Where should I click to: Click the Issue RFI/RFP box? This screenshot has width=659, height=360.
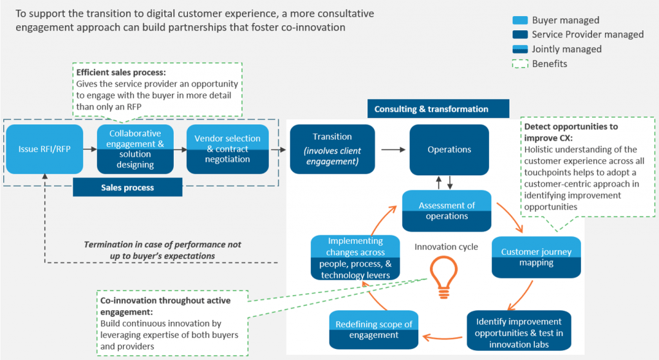click(x=44, y=149)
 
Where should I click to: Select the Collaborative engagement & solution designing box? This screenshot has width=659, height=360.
click(x=135, y=149)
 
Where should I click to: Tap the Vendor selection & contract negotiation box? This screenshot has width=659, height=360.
click(x=227, y=149)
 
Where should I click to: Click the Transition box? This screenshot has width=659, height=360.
click(x=332, y=149)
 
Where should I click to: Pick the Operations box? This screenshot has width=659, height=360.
click(x=449, y=149)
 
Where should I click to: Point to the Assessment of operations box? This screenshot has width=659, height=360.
click(x=447, y=211)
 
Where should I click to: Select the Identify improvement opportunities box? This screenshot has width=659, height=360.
click(x=519, y=332)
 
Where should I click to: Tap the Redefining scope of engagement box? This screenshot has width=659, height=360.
click(x=374, y=329)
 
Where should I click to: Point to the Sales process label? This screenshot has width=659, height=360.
click(x=127, y=187)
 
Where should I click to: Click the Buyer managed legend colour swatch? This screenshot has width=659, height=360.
click(x=519, y=21)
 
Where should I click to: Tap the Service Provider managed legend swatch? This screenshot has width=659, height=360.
click(x=519, y=35)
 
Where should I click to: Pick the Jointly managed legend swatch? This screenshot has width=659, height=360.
click(x=519, y=49)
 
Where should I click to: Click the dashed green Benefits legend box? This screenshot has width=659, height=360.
click(x=519, y=64)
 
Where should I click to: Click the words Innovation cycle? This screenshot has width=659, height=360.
click(x=446, y=247)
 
